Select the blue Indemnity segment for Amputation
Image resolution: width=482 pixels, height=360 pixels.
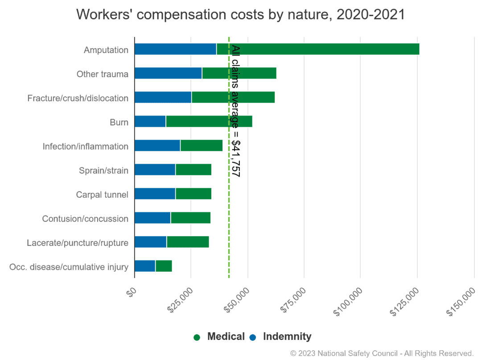point(175,49)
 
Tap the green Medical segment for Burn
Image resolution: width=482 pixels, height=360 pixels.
point(209,121)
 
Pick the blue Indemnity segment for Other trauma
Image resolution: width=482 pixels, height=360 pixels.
point(168,73)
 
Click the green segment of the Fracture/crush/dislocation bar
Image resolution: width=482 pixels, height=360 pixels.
point(233,97)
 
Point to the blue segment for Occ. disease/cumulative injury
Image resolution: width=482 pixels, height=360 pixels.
point(145,266)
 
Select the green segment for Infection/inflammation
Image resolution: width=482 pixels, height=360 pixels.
point(201,145)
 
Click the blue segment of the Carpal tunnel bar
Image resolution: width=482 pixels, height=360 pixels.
point(155,194)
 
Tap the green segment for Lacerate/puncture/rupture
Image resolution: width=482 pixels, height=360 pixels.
point(188,242)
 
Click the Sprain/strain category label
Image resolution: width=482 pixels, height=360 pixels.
point(103,170)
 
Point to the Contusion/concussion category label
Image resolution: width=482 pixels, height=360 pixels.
point(85,219)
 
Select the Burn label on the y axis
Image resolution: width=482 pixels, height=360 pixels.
point(119,122)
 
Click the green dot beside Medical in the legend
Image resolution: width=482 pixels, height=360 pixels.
point(197,337)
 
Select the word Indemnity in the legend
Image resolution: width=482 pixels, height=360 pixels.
point(287,337)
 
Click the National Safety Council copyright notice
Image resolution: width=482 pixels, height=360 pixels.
point(382,353)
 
